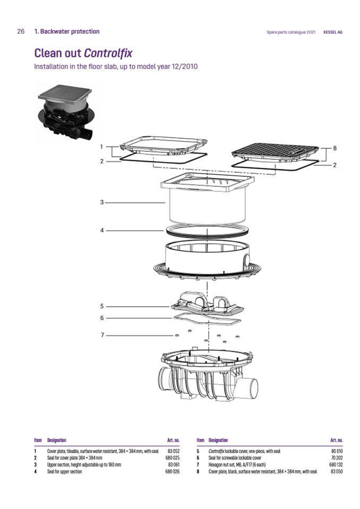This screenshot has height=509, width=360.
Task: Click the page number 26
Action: coord(21,31)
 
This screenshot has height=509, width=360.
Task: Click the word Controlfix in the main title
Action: coord(108,53)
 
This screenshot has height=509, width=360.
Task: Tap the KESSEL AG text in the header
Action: coord(333,32)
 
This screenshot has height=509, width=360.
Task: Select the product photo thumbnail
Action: coord(68,112)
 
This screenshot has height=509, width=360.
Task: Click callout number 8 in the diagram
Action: coord(335,148)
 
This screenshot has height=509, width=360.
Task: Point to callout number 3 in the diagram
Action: coord(101,202)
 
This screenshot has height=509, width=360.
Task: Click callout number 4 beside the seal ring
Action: coord(101,230)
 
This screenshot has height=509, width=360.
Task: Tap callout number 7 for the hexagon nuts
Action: coord(102,335)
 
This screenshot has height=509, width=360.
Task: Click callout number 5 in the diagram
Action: coord(101,306)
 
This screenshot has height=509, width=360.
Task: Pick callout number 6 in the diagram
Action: coord(101,318)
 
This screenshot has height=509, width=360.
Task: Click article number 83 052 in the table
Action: coord(174,451)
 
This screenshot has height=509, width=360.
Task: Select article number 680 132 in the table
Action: coord(336,464)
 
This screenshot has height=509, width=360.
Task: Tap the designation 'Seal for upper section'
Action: coord(64,471)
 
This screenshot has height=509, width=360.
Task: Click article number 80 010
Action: coord(337,451)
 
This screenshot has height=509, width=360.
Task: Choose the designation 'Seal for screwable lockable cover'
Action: coord(235,458)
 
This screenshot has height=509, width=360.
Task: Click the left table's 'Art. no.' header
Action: coord(173,440)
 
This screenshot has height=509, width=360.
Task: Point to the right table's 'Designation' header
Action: coord(218,440)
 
